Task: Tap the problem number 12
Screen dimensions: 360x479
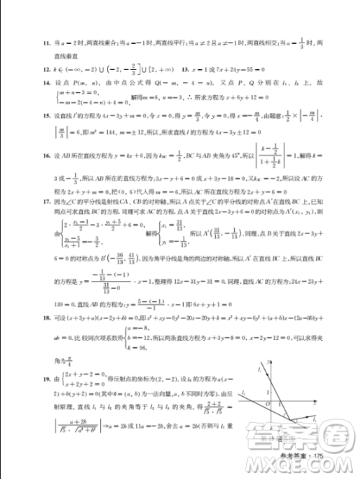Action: coord(45,72)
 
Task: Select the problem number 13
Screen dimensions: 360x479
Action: coord(184,72)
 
